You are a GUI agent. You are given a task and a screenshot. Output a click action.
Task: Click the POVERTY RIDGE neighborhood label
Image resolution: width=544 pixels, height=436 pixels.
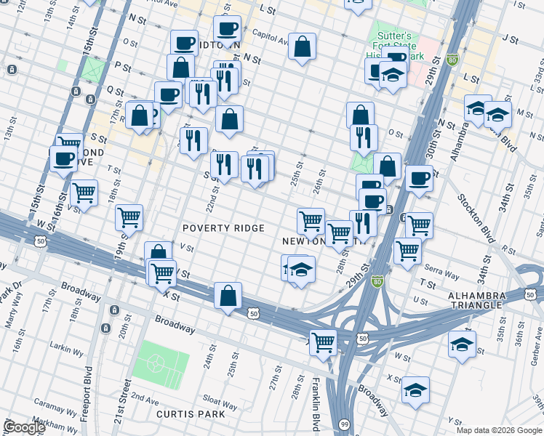[223, 228]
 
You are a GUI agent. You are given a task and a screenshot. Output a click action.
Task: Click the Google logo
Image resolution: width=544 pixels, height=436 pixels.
[24, 427]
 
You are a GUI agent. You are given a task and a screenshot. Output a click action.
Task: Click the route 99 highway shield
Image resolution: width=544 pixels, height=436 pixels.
[343, 424]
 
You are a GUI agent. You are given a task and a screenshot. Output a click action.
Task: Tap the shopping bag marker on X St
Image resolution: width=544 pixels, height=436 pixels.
[228, 296]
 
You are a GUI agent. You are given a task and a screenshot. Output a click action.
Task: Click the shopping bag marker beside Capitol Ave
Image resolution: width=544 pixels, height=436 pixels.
[302, 47]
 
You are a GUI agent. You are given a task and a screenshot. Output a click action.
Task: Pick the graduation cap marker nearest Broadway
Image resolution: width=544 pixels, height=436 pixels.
[416, 389]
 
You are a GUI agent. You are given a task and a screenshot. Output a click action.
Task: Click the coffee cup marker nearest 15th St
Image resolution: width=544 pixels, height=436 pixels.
[63, 159]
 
